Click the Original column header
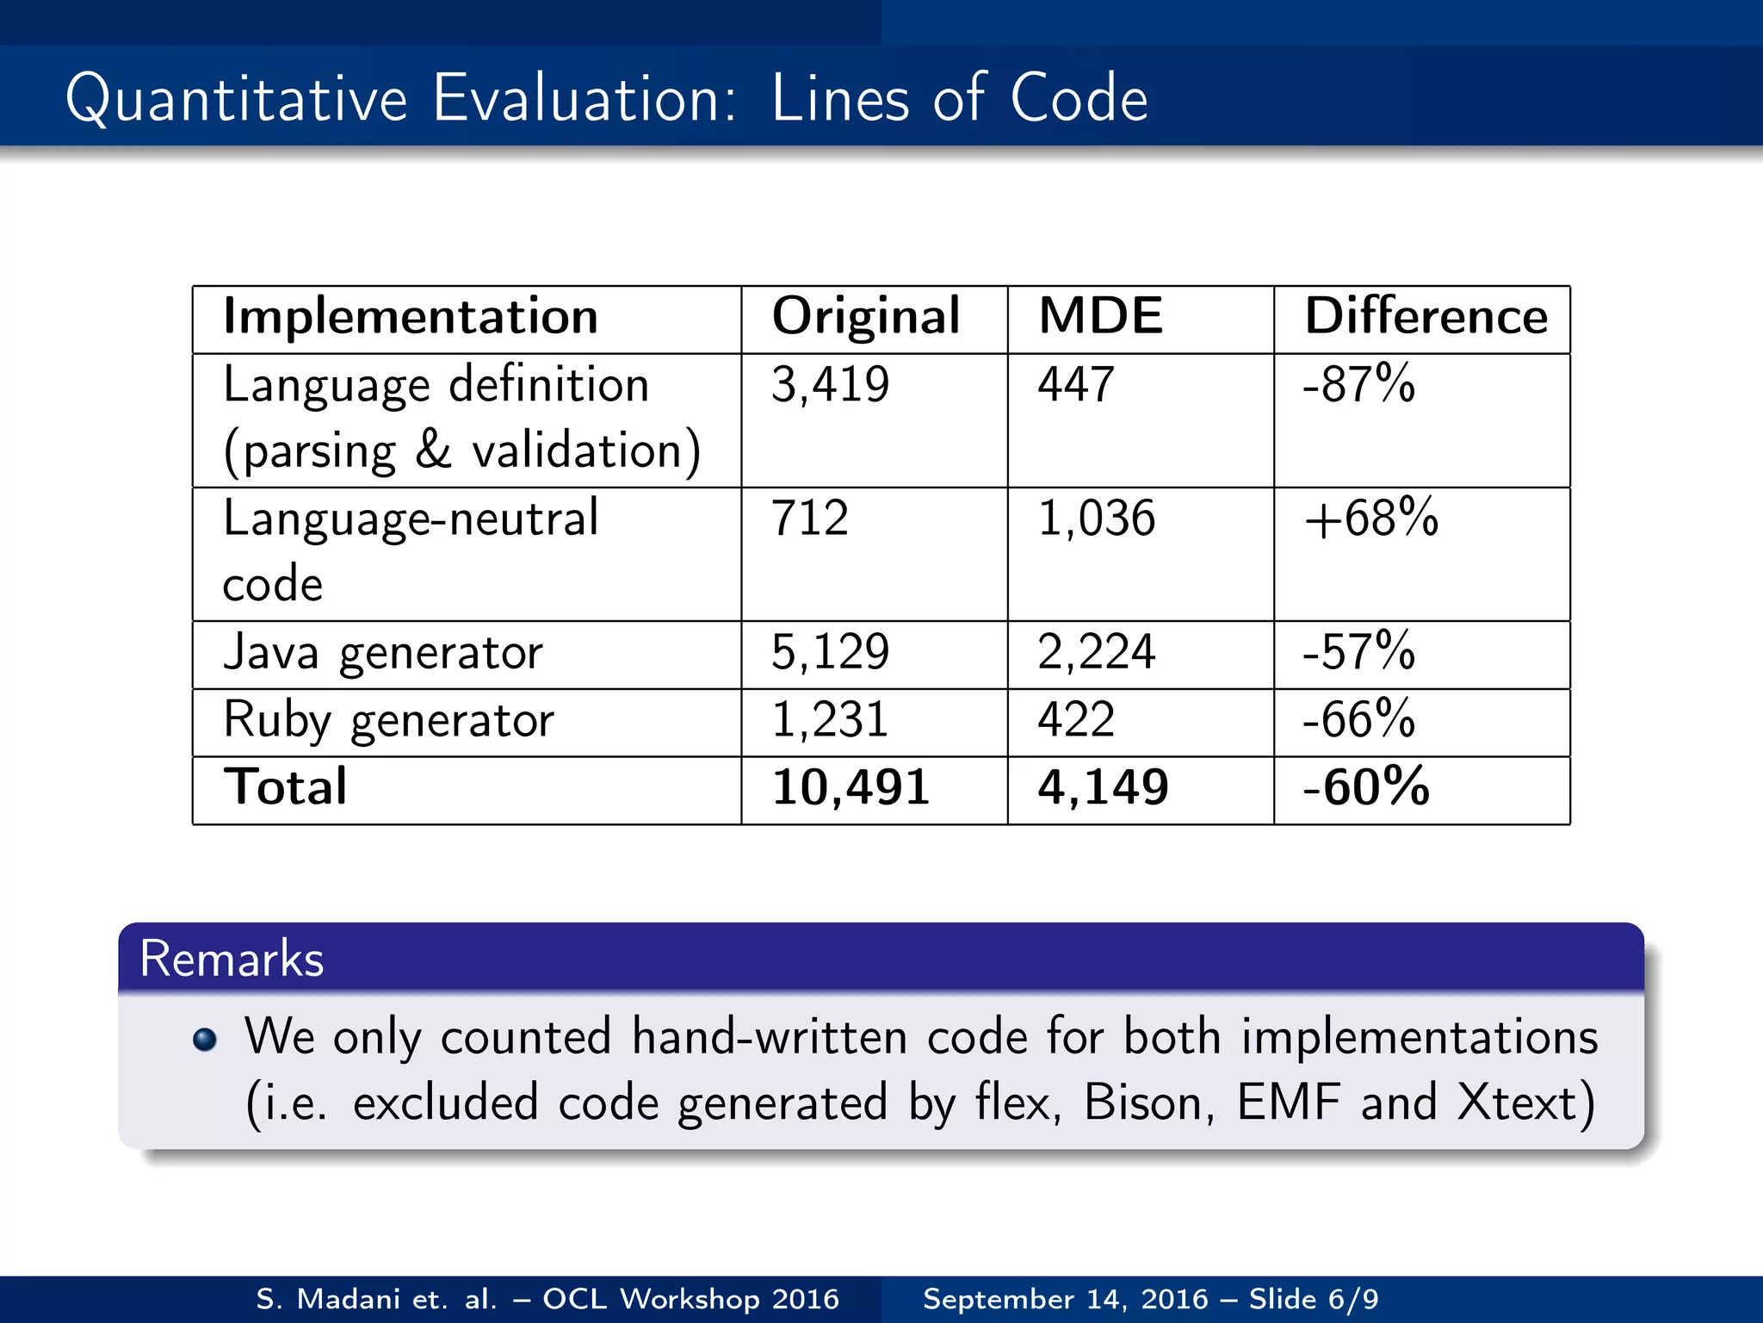pyautogui.click(x=865, y=317)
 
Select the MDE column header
pyautogui.click(x=1100, y=315)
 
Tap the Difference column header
pyautogui.click(x=1426, y=315)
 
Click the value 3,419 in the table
pyautogui.click(x=830, y=384)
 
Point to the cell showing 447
pyautogui.click(x=1075, y=384)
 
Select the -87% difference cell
pyautogui.click(x=1358, y=384)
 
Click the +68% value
pyautogui.click(x=1370, y=518)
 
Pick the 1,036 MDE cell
pyautogui.click(x=1096, y=518)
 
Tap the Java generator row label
pyautogui.click(x=383, y=653)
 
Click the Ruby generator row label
pyautogui.click(x=388, y=720)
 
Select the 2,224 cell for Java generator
pyautogui.click(x=1096, y=652)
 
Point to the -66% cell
pyautogui.click(x=1358, y=719)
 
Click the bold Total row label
pyautogui.click(x=285, y=786)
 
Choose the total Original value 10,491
pyautogui.click(x=851, y=787)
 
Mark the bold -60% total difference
pyautogui.click(x=1366, y=786)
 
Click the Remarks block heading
pyautogui.click(x=232, y=959)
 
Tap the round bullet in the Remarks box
pyautogui.click(x=205, y=1040)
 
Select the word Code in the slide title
pyautogui.click(x=1078, y=98)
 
